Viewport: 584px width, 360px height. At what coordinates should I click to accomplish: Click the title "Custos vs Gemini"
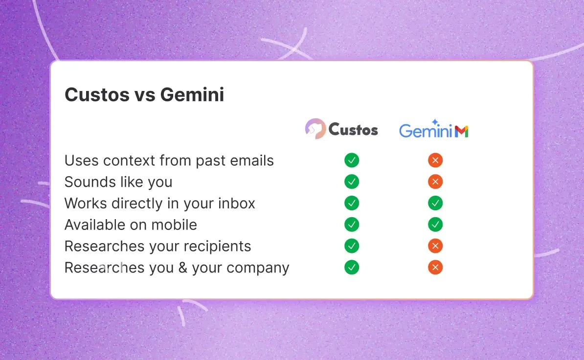[144, 94]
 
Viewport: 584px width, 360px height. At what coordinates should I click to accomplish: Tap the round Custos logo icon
[315, 129]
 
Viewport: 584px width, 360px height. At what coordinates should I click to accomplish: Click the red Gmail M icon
[461, 131]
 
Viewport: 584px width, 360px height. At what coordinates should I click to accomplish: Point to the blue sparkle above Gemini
[435, 122]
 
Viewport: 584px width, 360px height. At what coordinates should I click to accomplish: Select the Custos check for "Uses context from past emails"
[352, 160]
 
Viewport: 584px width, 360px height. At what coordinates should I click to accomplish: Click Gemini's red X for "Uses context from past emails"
[435, 160]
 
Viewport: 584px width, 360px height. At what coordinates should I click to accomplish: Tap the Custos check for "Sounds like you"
[352, 181]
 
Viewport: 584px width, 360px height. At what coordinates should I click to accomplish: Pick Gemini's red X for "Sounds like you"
[435, 181]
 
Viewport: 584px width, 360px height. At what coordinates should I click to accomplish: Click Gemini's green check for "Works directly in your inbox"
[435, 203]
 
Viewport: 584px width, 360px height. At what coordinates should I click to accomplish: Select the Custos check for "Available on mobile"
[352, 225]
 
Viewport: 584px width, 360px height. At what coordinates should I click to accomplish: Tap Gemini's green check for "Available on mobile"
[435, 225]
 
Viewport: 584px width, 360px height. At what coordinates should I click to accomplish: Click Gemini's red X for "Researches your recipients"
[435, 246]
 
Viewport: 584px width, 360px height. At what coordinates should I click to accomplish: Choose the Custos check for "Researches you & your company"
[352, 267]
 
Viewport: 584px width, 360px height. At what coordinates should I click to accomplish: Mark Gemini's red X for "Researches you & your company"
[435, 267]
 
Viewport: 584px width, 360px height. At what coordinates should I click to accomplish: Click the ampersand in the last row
[183, 268]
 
